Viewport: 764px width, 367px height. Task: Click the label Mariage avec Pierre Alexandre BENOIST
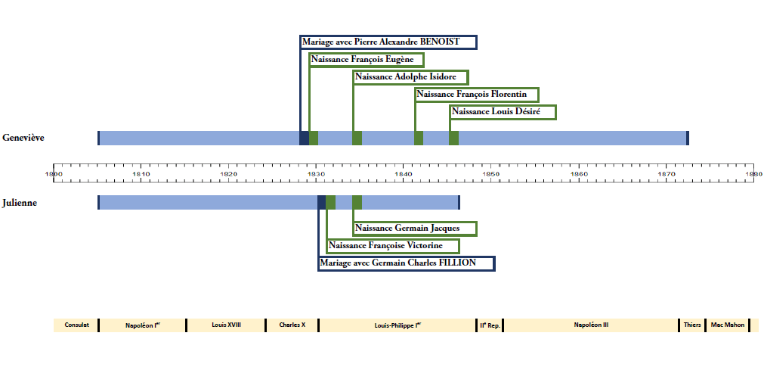(x=389, y=42)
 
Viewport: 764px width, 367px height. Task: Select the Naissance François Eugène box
(x=367, y=60)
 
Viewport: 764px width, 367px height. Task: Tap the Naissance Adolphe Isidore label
(x=410, y=77)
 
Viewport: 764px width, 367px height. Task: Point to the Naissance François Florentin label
(x=477, y=95)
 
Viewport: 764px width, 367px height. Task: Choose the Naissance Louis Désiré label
(x=503, y=112)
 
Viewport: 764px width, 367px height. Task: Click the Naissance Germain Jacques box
(x=415, y=229)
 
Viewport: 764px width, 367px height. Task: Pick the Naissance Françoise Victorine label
(x=394, y=246)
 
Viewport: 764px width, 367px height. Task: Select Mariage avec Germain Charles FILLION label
(x=407, y=263)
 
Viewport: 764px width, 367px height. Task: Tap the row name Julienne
(x=20, y=203)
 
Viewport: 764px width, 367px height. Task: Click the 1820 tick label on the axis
(x=228, y=174)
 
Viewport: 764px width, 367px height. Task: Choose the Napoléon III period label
(x=591, y=325)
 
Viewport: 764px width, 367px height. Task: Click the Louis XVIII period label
(x=226, y=325)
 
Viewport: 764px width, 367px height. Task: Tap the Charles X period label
(x=292, y=325)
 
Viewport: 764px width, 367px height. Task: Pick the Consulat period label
(x=76, y=325)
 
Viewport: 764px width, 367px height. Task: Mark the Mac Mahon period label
(x=727, y=325)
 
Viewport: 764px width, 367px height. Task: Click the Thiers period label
(x=691, y=325)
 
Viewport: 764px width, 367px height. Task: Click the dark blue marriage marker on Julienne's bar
(x=321, y=202)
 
